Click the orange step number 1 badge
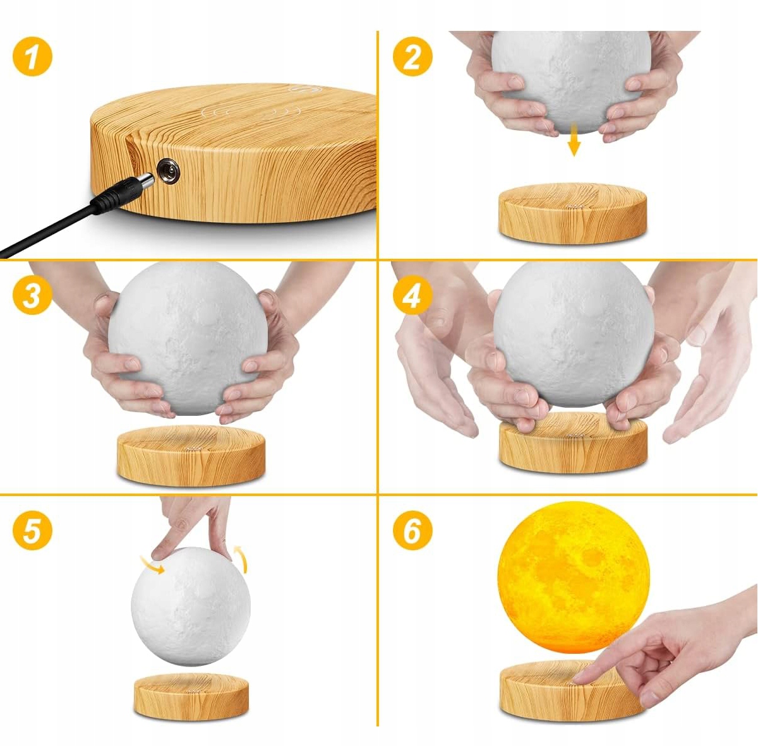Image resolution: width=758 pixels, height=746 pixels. [32, 57]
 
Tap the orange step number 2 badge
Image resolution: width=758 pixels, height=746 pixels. [412, 57]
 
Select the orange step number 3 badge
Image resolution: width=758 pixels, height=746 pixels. [32, 295]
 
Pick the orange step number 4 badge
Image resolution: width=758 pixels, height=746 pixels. [412, 295]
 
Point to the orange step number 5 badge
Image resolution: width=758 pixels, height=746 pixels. [32, 530]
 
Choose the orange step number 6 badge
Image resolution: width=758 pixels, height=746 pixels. [412, 530]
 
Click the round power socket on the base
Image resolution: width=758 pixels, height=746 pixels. [169, 170]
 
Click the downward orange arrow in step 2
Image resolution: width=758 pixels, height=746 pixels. [574, 139]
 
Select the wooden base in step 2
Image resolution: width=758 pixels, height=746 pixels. [572, 214]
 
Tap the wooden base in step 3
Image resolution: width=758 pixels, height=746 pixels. [191, 456]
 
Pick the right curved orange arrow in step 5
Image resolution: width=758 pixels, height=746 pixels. [241, 559]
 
